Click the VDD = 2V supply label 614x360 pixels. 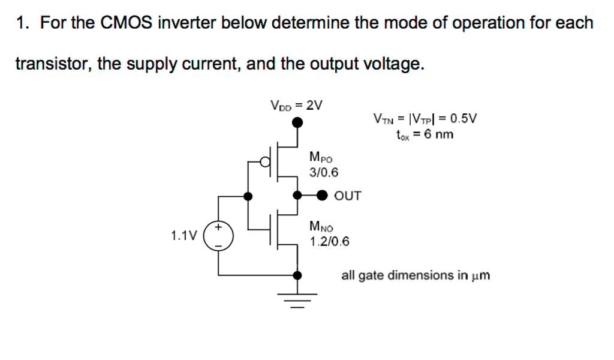(x=296, y=105)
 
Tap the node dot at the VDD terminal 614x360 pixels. (x=297, y=123)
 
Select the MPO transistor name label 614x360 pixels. (x=321, y=158)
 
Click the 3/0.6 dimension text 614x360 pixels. (x=324, y=173)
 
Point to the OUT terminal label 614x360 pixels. (x=348, y=196)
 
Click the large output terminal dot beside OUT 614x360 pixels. (x=323, y=195)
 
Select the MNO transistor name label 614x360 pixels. (x=321, y=227)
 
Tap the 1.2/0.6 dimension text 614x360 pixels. (x=330, y=242)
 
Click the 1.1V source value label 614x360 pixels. (x=183, y=236)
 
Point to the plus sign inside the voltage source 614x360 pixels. (x=219, y=229)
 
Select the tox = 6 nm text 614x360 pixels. (x=425, y=134)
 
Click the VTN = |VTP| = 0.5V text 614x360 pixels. (x=425, y=118)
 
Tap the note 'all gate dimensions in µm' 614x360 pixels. (x=416, y=275)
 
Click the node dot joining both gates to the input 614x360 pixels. (x=248, y=195)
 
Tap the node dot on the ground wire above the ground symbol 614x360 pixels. (x=297, y=275)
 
